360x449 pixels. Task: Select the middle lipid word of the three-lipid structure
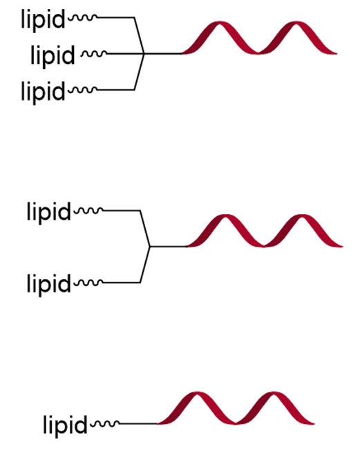pos(53,56)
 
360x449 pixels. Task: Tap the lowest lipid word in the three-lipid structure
pos(44,92)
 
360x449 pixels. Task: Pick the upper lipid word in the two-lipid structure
pos(48,213)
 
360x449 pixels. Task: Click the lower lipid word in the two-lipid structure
pos(48,285)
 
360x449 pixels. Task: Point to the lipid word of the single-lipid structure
pos(65,426)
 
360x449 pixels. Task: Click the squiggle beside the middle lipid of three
pos(94,54)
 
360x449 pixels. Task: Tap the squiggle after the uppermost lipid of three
pos(83,18)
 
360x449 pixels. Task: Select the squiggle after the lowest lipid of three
pos(83,90)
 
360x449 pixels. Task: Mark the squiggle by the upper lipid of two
pos(88,211)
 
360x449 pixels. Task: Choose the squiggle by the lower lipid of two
pos(88,283)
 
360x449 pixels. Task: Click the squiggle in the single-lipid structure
pos(105,423)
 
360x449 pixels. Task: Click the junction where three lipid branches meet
pos(144,54)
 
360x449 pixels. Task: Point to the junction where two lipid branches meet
pos(149,247)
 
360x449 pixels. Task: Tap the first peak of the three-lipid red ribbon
pos(219,23)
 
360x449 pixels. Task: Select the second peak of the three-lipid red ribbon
pos(296,23)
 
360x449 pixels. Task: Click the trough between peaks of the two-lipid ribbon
pos(263,245)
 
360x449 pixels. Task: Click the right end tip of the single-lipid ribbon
pos(314,423)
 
